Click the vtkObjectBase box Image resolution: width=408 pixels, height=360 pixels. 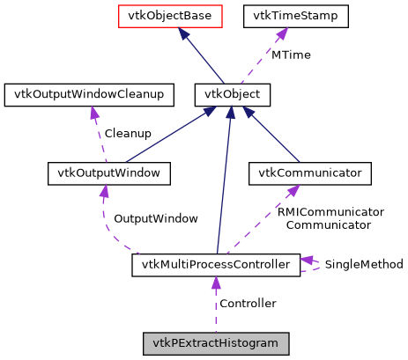[167, 15]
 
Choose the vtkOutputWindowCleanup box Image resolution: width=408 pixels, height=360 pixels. [85, 93]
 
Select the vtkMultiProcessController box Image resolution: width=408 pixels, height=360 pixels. [216, 264]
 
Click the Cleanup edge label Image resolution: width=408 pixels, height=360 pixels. [128, 134]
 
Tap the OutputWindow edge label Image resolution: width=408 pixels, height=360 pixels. [156, 218]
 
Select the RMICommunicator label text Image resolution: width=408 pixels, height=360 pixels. [330, 212]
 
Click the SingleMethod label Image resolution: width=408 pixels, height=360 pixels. [364, 264]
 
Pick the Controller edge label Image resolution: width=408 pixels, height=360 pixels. [248, 304]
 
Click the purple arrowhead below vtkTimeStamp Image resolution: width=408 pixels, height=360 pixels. [280, 34]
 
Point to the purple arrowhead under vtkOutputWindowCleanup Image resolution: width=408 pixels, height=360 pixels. [91, 113]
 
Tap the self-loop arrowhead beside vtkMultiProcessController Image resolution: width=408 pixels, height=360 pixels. [308, 260]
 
